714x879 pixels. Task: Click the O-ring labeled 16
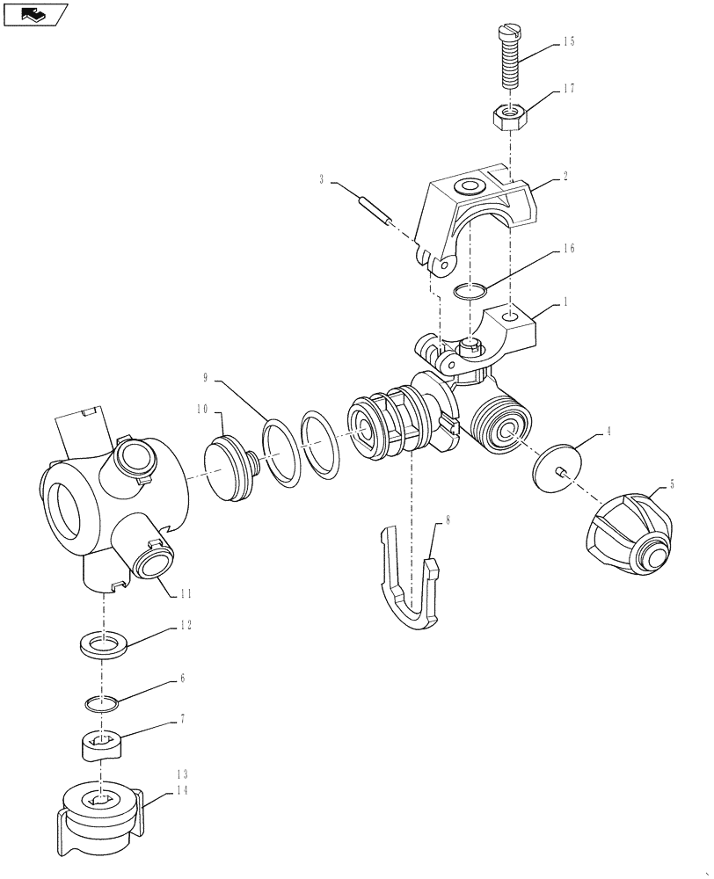[471, 291]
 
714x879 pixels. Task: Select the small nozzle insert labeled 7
[103, 748]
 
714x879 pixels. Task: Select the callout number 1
[566, 302]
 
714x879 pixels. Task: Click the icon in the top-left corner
[35, 14]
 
